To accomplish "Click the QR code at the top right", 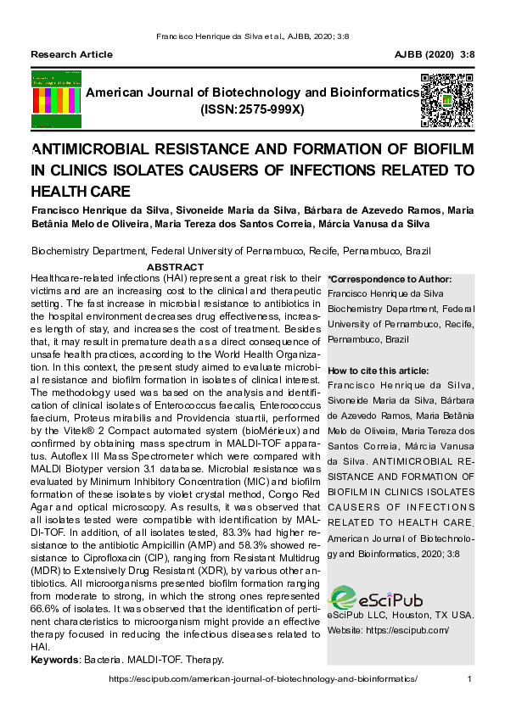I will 446,101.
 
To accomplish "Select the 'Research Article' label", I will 72,54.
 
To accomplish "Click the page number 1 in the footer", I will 470,678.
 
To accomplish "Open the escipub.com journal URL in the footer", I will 264,678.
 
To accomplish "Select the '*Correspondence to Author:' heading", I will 390,279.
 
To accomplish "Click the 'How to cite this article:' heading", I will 378,371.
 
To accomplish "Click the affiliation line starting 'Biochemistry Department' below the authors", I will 231,251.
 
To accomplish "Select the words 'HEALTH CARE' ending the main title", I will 81,191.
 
